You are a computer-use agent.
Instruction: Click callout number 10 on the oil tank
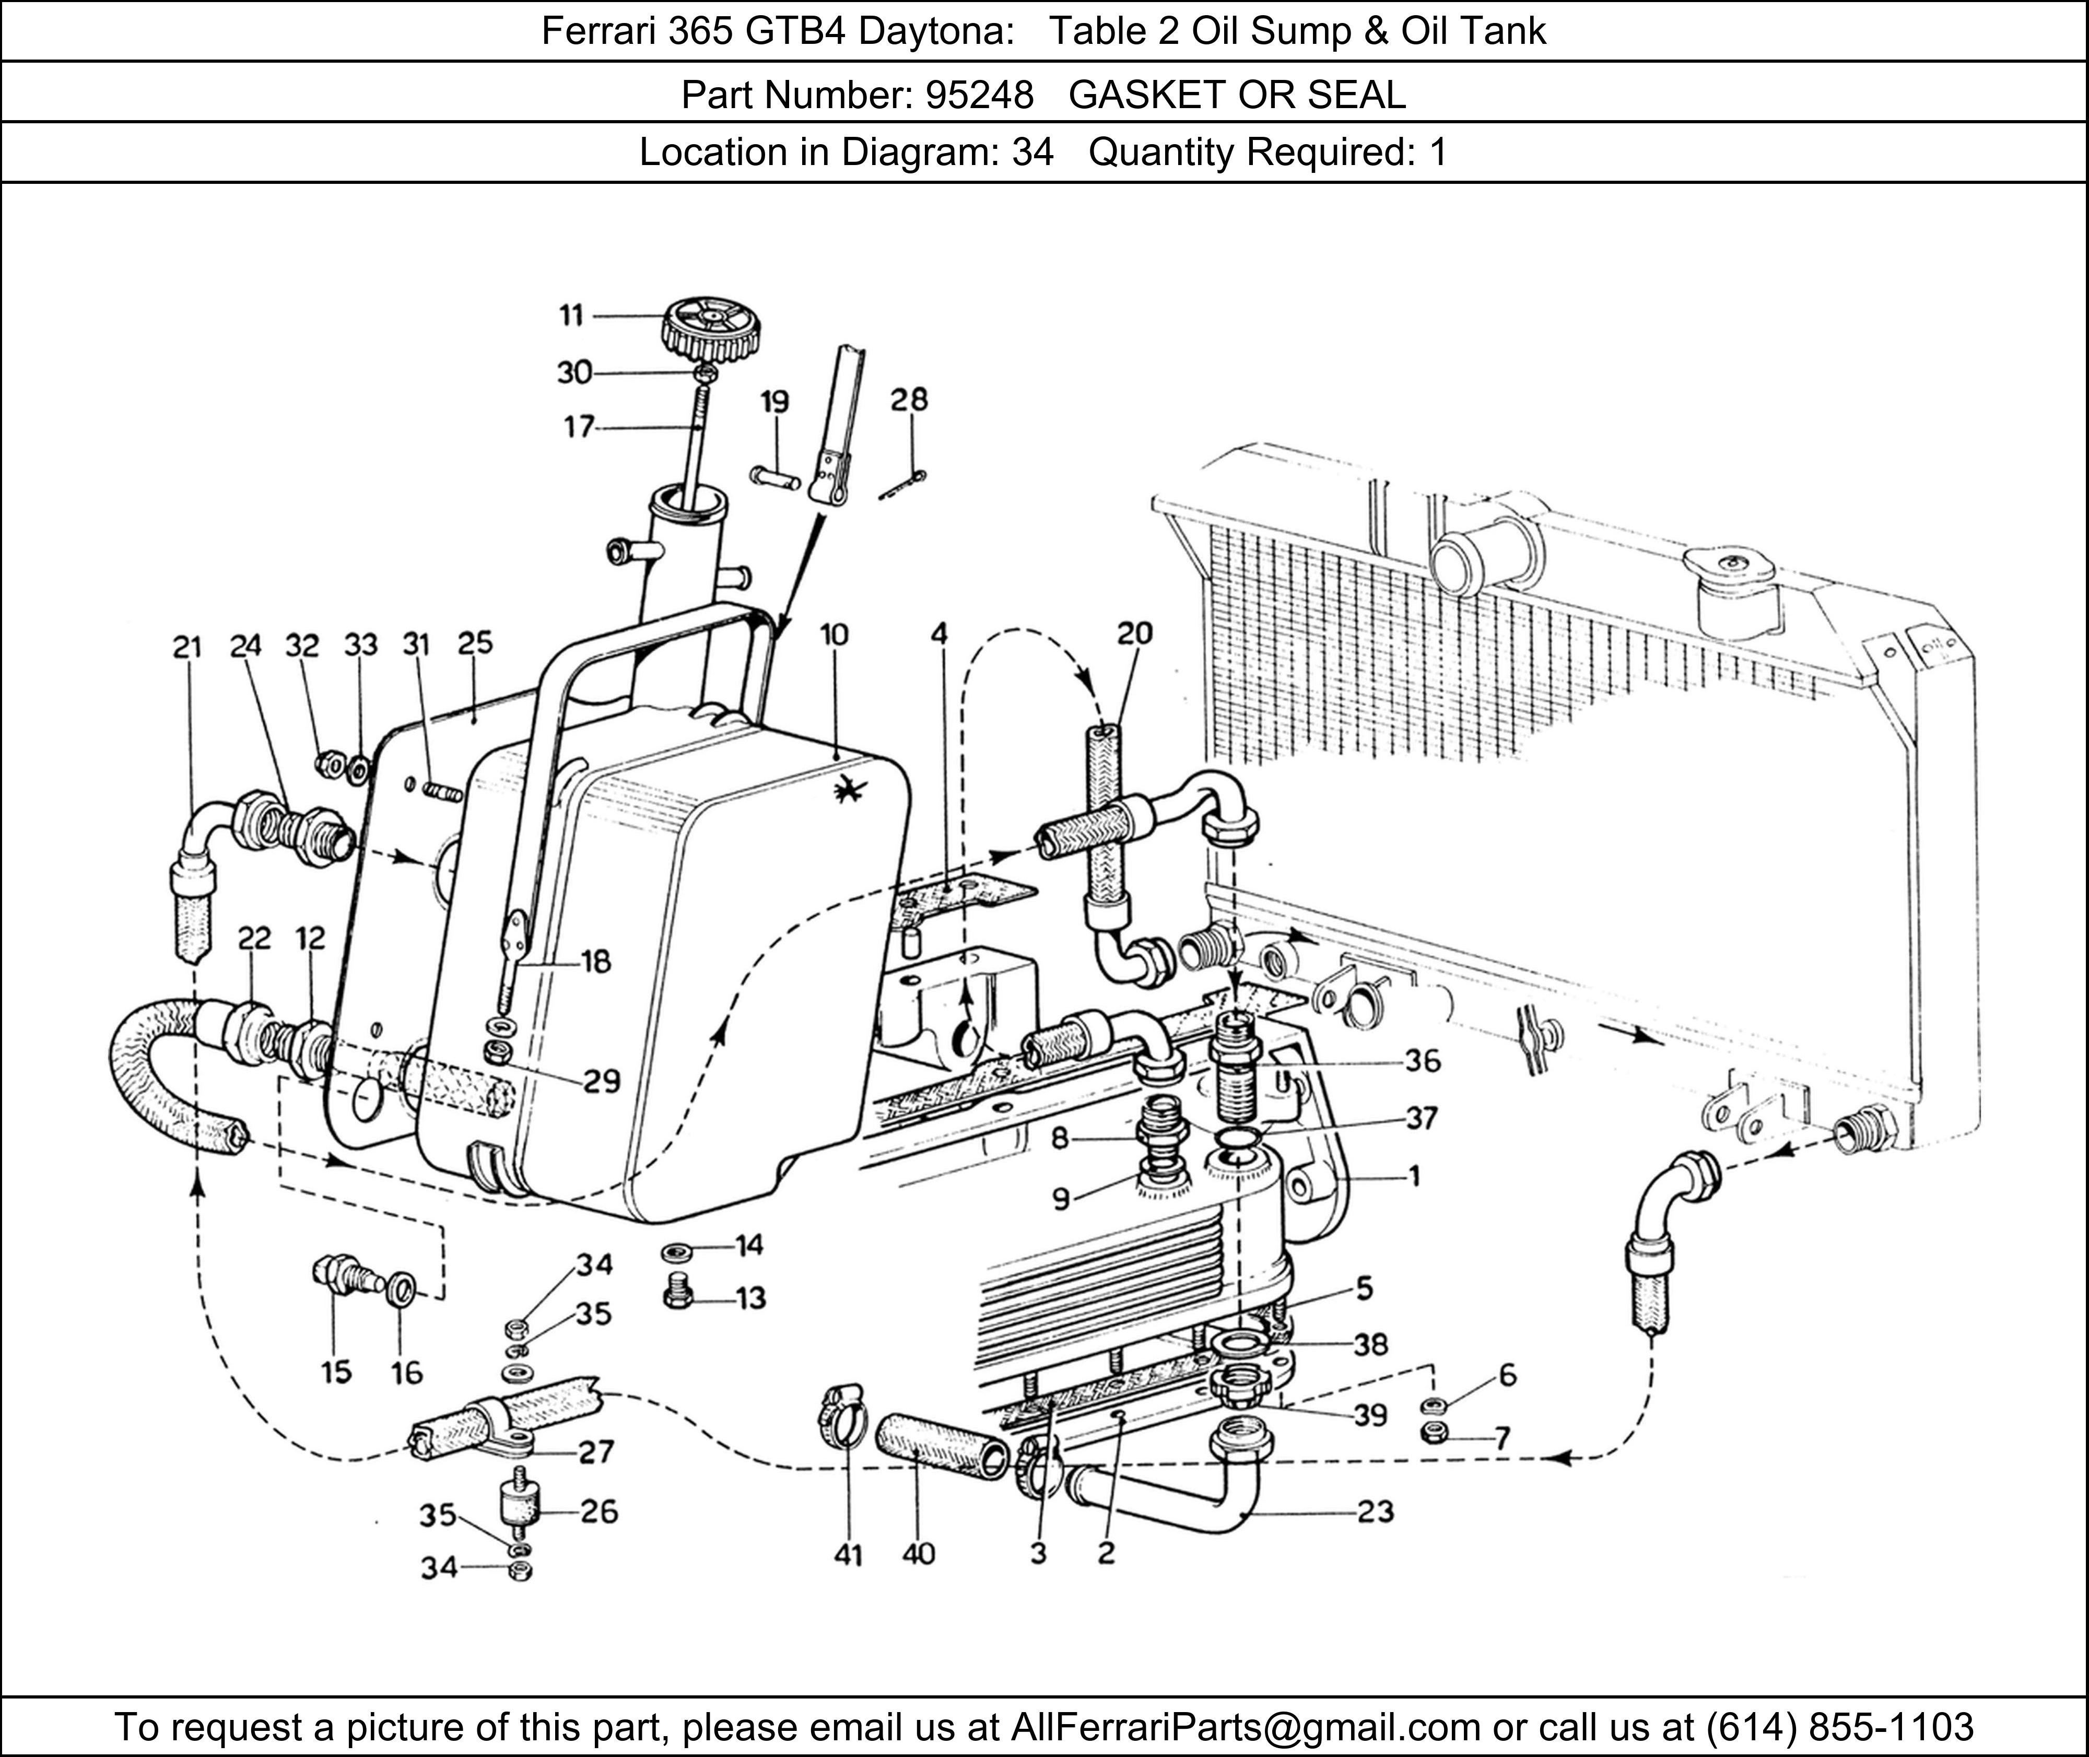point(835,635)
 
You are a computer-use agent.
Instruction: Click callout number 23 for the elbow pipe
point(1375,1512)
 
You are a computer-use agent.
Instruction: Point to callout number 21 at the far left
point(186,648)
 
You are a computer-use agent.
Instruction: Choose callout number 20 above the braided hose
point(1134,634)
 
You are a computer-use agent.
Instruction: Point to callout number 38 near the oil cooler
point(1370,1344)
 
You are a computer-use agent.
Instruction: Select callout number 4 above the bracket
point(939,635)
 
